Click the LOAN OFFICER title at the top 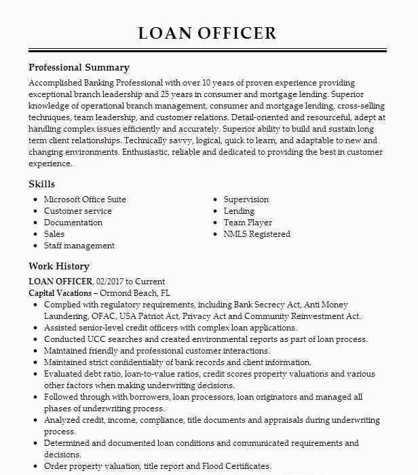[x=208, y=33]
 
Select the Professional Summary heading [x=79, y=68]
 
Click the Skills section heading [x=42, y=184]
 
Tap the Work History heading [x=59, y=267]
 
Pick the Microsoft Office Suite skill [x=85, y=199]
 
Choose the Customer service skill [x=78, y=211]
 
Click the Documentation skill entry [x=73, y=223]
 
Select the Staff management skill [x=79, y=246]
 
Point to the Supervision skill [x=246, y=199]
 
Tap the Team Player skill [x=248, y=223]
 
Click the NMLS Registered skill [x=257, y=234]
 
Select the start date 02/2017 [x=112, y=281]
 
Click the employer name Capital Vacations [x=59, y=292]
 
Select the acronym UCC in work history [x=98, y=339]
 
